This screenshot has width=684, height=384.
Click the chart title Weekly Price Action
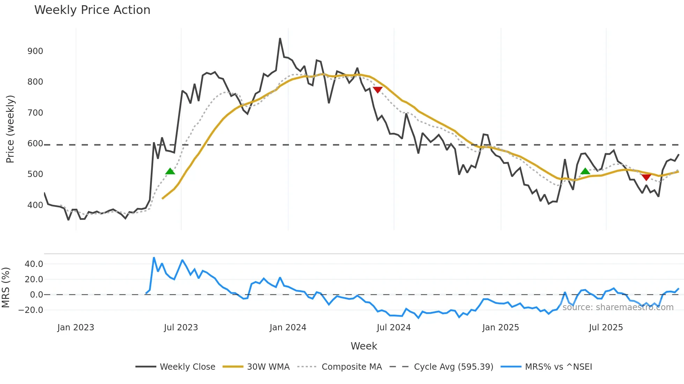point(92,10)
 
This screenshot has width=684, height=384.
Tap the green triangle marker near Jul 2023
point(170,171)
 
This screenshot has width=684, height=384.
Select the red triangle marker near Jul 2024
point(378,90)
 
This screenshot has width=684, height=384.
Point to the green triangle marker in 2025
point(585,171)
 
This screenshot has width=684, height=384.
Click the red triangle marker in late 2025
point(646,177)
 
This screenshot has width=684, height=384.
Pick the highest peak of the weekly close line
point(280,39)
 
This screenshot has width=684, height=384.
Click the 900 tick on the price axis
point(35,51)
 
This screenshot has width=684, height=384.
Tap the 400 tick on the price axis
point(35,205)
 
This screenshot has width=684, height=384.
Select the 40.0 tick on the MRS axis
point(34,264)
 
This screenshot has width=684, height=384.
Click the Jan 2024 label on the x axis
point(288,328)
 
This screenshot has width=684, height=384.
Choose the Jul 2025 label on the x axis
point(606,328)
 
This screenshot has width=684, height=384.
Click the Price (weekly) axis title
point(10,129)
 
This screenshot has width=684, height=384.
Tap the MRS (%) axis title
point(6,287)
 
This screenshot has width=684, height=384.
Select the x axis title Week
point(364,346)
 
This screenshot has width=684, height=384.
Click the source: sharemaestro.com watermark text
point(618,307)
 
